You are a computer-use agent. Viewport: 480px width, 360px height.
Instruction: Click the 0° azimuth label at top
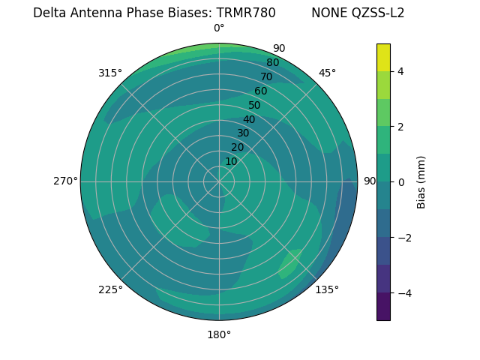(x=219, y=28)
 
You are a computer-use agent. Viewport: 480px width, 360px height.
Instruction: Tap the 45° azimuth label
(x=327, y=73)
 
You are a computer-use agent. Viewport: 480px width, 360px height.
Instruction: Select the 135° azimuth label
(x=327, y=289)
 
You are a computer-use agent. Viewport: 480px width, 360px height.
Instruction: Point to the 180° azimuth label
(x=219, y=334)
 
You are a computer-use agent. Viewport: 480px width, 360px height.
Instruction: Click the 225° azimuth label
(x=110, y=289)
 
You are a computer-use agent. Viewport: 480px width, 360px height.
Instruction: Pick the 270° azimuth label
(x=65, y=181)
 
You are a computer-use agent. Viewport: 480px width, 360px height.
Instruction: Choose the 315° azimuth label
(x=110, y=73)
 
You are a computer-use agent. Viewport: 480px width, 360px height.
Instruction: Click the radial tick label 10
(x=231, y=161)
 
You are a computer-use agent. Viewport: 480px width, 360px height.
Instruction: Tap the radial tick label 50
(x=255, y=105)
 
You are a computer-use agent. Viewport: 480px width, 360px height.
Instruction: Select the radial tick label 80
(x=273, y=62)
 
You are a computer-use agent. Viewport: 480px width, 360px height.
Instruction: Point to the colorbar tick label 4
(x=401, y=71)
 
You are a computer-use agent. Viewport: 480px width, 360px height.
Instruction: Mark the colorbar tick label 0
(x=401, y=182)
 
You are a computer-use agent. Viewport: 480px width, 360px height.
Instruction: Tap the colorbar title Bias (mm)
(x=421, y=182)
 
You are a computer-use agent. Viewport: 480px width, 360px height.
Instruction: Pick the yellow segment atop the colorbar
(x=383, y=57)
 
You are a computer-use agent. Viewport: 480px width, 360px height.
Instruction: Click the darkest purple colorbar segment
(x=383, y=306)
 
